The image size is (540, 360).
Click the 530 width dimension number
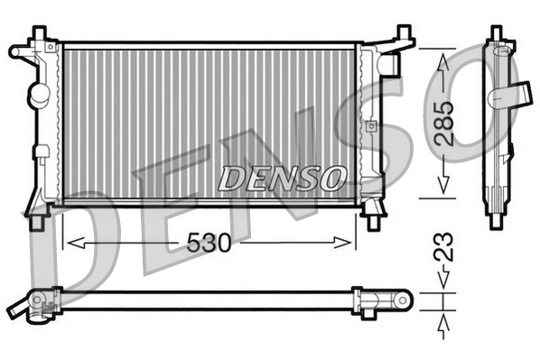click(x=209, y=243)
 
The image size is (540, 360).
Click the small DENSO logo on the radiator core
click(x=282, y=177)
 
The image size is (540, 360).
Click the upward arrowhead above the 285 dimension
click(x=442, y=61)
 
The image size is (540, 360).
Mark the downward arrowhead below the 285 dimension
click(x=442, y=184)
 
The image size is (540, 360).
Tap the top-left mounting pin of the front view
click(x=38, y=34)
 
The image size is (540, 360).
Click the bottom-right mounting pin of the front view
click(x=372, y=217)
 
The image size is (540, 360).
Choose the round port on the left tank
click(x=39, y=92)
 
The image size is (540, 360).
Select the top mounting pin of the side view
click(x=496, y=33)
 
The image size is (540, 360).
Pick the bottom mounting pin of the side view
click(x=496, y=218)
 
